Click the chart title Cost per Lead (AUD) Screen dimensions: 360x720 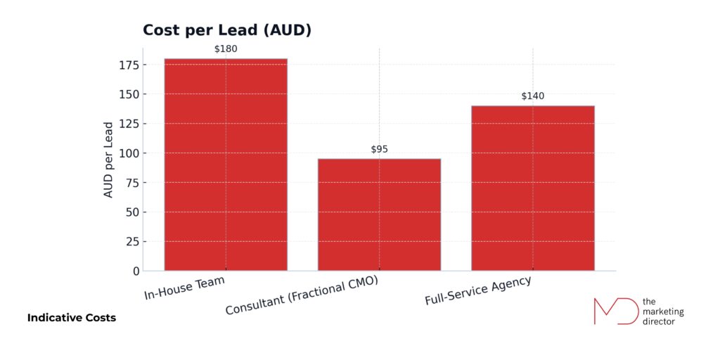(226, 30)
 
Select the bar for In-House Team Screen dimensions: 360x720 (226, 165)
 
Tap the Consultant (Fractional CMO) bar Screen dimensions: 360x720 (379, 214)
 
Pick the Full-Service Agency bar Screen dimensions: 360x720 (532, 188)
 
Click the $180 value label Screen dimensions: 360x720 (226, 49)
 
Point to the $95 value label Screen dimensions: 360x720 (379, 149)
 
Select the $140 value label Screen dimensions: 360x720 (532, 96)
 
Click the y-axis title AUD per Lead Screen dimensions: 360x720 (108, 160)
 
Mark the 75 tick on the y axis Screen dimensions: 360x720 (130, 183)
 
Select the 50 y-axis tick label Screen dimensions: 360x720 (130, 212)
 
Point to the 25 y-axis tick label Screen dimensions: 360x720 (130, 242)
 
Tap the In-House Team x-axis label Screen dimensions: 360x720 (184, 288)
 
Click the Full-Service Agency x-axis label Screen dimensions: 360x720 (477, 290)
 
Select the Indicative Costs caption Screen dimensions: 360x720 (72, 318)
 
